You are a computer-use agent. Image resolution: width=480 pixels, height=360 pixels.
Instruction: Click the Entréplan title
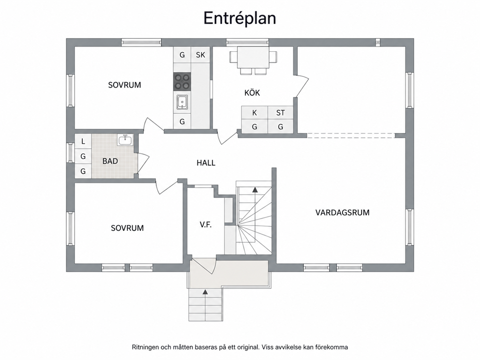pos(240,18)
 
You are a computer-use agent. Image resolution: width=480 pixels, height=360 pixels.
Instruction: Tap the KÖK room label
pos(252,92)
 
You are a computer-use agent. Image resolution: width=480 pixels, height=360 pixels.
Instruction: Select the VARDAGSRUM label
pos(342,212)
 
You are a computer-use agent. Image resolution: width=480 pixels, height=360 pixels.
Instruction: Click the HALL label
pos(206,163)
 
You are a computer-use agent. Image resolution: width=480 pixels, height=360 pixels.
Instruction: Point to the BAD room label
pos(110,161)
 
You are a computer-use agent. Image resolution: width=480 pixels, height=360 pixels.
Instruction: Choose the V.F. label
pos(206,225)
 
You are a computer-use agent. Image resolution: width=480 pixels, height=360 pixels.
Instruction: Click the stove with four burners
pos(182,82)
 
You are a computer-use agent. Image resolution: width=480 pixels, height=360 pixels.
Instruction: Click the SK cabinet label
pos(200,55)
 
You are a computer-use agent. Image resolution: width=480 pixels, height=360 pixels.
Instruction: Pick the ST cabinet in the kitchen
pos(281,113)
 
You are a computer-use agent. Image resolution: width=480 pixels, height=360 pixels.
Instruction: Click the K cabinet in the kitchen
pos(255,113)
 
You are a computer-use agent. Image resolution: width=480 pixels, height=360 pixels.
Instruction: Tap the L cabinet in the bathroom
pos(83,141)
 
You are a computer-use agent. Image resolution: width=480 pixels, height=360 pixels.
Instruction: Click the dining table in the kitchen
pos(253,58)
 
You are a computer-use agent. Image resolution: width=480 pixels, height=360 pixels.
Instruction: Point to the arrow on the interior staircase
pos(255,190)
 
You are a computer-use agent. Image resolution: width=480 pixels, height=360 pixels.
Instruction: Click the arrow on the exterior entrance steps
pos(205,292)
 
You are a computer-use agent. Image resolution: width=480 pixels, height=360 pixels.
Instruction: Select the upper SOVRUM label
pos(124,85)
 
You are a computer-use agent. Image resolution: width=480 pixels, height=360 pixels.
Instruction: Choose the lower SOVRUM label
pos(127,228)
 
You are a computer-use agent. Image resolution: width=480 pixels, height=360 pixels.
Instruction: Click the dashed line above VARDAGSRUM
pos(351,135)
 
